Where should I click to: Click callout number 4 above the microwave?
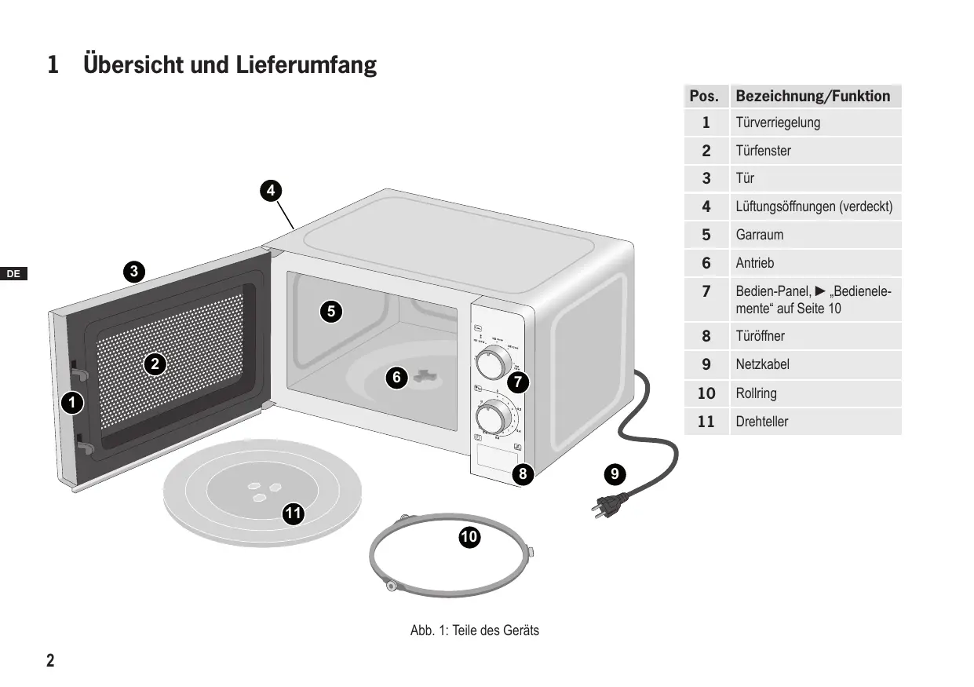click(x=270, y=190)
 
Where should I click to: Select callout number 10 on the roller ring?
click(x=469, y=537)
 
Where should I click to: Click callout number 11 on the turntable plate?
click(x=294, y=514)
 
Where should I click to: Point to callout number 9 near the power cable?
click(x=615, y=473)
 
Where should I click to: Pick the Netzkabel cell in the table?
click(x=762, y=364)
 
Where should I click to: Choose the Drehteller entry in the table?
click(x=761, y=422)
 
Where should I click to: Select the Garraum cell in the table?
click(x=759, y=235)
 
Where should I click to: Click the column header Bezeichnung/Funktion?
click(x=812, y=97)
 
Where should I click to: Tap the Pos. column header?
click(x=704, y=97)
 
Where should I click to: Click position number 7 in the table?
click(x=706, y=291)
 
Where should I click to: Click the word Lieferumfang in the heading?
click(x=306, y=64)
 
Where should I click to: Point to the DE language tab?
click(x=13, y=274)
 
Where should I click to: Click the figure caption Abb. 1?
click(x=474, y=630)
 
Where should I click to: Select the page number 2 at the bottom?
click(x=50, y=660)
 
